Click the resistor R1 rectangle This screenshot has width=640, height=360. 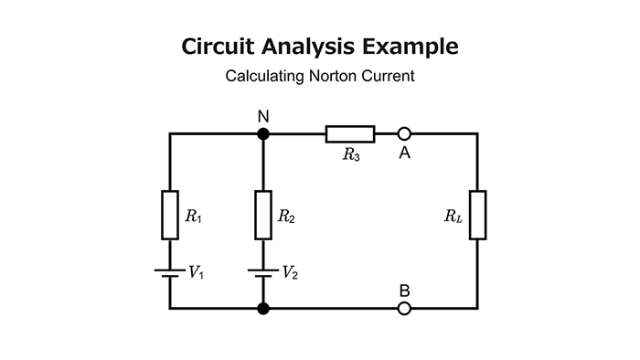coord(170,215)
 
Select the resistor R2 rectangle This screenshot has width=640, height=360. coord(263,215)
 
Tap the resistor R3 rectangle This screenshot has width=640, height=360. coord(350,134)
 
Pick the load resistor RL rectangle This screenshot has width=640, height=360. coord(477,215)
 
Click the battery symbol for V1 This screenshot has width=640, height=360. coord(170,272)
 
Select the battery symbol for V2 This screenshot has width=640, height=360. coord(263,272)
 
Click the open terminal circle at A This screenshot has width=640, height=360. coord(404,134)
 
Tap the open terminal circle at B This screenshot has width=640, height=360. coord(404,309)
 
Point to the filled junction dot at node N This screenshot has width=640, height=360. coord(263,134)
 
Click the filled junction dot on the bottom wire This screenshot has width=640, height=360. coord(263,309)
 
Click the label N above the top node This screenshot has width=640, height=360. coord(263,116)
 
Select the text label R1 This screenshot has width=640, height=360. coord(193,217)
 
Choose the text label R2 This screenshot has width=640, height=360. coord(286,217)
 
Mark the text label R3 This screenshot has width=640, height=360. coord(351,155)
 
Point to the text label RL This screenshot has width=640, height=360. coord(453,217)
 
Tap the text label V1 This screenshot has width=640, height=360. coord(195,272)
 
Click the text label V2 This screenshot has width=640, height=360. coord(288,272)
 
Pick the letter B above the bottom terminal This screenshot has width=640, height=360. coord(404,291)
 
